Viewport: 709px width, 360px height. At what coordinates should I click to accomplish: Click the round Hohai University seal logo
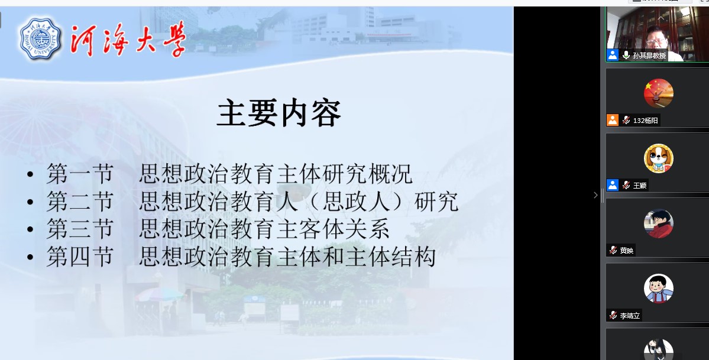[40, 38]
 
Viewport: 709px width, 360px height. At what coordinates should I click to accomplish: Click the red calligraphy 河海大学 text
[128, 40]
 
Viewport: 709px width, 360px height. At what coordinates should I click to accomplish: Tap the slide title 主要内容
[279, 113]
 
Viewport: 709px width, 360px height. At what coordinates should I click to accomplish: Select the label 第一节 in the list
[80, 174]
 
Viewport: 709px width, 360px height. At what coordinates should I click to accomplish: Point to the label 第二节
[80, 202]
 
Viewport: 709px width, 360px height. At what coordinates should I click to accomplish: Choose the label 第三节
[80, 229]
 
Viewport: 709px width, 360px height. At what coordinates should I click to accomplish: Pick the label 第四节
[80, 257]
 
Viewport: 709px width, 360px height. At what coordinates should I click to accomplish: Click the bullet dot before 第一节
[30, 174]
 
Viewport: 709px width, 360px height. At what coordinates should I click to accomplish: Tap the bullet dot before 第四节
[30, 257]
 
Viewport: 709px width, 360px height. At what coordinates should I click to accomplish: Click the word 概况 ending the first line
[391, 174]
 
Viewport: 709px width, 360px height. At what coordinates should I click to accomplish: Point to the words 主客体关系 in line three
[334, 229]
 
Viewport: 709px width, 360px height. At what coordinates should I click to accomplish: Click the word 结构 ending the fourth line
[414, 257]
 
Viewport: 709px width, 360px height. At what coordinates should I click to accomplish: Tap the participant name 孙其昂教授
[649, 56]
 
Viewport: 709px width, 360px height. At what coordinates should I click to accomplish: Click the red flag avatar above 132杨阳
[658, 93]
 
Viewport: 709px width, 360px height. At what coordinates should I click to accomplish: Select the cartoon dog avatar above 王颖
[658, 158]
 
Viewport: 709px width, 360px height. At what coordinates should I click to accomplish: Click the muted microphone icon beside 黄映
[613, 250]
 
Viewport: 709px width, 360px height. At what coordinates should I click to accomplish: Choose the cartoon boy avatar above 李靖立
[658, 288]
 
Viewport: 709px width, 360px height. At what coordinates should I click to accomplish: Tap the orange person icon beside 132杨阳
[612, 120]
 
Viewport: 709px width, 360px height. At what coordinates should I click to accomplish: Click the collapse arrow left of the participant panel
[595, 195]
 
